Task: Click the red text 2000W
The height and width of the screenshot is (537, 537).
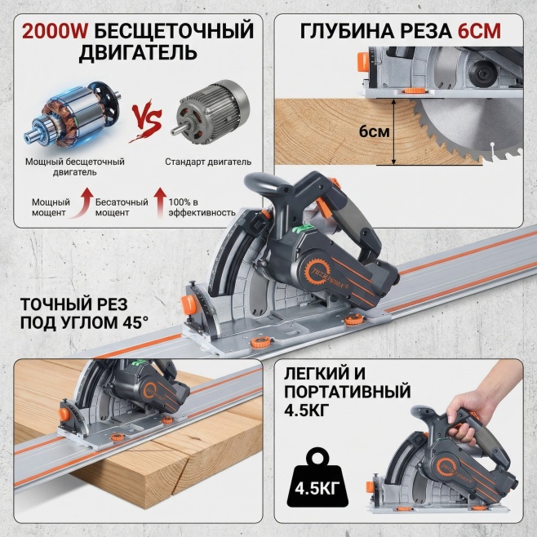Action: pyautogui.click(x=55, y=31)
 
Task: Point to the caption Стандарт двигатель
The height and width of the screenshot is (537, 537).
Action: pyautogui.click(x=208, y=162)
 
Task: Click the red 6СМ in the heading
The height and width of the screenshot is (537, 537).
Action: pyautogui.click(x=479, y=32)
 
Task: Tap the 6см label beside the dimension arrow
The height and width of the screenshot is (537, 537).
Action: pyautogui.click(x=375, y=131)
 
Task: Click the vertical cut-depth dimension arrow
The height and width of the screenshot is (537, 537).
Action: pyautogui.click(x=394, y=132)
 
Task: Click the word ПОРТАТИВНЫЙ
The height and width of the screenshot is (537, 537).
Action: pyautogui.click(x=348, y=392)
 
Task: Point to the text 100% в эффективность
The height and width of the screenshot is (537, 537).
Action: pyautogui.click(x=202, y=207)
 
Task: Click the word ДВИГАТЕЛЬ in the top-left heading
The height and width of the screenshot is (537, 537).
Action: pyautogui.click(x=138, y=52)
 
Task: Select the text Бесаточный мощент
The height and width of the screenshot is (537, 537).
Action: pyautogui.click(x=122, y=207)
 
